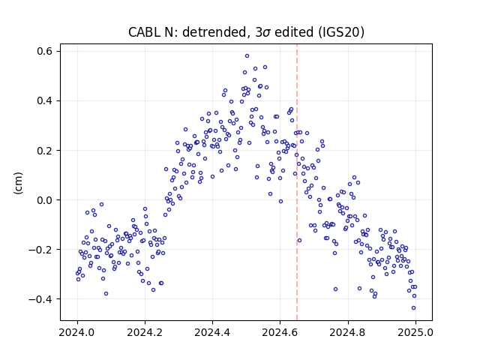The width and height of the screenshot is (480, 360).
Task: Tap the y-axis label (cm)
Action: [x=18, y=183]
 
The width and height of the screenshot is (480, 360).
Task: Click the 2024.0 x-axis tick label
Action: [x=77, y=332]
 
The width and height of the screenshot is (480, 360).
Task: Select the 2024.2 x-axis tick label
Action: [x=145, y=332]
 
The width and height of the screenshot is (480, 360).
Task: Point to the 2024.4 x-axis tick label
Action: [x=212, y=332]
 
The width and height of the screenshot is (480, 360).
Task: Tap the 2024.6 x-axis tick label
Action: [x=280, y=332]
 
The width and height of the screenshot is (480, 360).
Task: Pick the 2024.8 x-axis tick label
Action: [x=347, y=332]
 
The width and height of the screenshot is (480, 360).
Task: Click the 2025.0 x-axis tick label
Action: [x=415, y=332]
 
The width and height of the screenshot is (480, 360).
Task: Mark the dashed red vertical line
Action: [x=297, y=182]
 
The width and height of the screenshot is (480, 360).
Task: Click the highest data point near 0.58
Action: [x=247, y=56]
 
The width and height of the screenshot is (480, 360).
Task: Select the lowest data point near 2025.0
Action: [x=413, y=308]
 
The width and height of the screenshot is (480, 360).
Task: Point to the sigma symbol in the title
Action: [x=266, y=33]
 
